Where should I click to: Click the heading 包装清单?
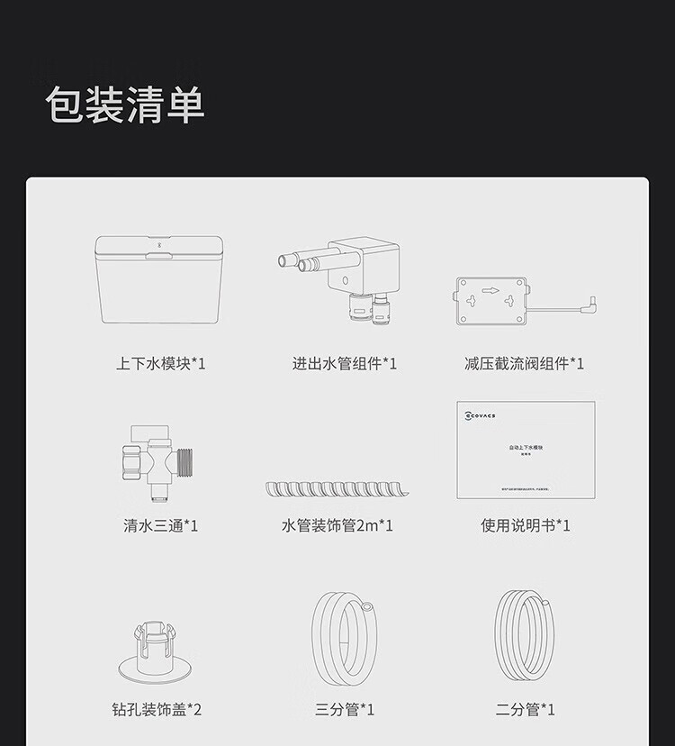point(125,105)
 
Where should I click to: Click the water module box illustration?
point(159,279)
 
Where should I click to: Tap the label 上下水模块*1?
point(161,364)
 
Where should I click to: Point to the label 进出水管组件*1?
point(344,364)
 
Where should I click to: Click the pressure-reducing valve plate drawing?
point(490,300)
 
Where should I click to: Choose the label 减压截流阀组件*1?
point(524,364)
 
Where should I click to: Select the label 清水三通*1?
point(160,525)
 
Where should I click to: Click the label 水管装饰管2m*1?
point(337,525)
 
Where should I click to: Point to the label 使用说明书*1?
point(525,525)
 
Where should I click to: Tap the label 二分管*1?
point(525,710)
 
